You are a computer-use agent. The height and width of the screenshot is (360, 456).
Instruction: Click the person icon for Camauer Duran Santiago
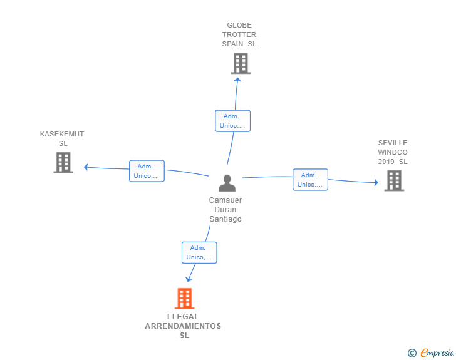click(227, 183)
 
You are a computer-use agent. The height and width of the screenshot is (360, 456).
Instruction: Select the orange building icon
click(184, 299)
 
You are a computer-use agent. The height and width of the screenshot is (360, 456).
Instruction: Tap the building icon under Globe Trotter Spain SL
click(241, 63)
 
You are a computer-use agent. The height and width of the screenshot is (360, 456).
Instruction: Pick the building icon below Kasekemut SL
click(63, 163)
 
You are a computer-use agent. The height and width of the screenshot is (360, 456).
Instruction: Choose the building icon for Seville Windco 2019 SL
click(394, 180)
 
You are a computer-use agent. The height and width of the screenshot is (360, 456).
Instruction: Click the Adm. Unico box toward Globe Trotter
click(232, 121)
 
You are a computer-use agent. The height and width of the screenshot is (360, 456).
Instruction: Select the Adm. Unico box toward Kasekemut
click(147, 171)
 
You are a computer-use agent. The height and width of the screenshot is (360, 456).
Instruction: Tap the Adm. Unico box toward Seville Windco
click(310, 180)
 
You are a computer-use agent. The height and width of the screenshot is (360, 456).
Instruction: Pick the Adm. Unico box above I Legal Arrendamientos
click(199, 252)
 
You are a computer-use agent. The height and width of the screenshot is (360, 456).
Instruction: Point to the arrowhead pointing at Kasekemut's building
click(85, 167)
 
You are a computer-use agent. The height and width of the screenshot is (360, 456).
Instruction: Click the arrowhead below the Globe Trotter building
click(237, 80)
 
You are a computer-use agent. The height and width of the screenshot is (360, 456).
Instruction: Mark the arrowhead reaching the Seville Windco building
click(376, 182)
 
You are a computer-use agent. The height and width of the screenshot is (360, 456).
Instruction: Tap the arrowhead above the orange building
click(189, 280)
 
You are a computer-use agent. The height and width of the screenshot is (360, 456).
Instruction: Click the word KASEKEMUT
click(62, 134)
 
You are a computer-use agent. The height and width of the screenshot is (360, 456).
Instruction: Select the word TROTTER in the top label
click(239, 34)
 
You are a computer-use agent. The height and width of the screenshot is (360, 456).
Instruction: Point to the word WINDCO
click(393, 152)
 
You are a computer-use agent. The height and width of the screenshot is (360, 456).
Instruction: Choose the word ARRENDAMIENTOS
click(183, 326)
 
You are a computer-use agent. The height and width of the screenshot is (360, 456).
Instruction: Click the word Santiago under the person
click(225, 219)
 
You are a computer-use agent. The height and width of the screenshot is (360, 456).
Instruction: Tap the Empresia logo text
click(437, 352)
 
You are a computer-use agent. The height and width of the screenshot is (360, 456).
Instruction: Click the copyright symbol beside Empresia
click(412, 353)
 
